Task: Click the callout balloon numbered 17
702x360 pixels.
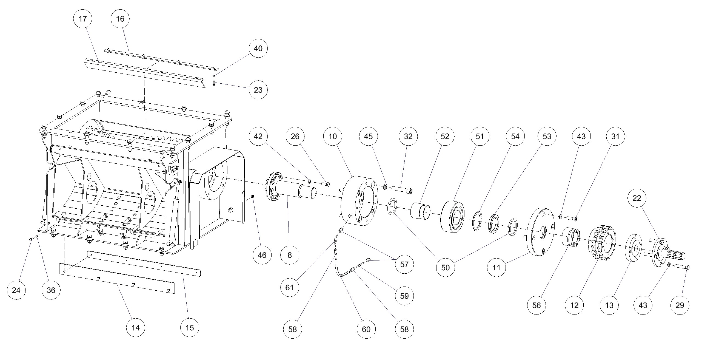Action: (x=82, y=19)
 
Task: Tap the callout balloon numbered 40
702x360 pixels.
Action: (x=258, y=49)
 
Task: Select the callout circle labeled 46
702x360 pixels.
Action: (x=262, y=255)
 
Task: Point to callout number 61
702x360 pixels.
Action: (x=289, y=287)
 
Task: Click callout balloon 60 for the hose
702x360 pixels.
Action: (x=366, y=329)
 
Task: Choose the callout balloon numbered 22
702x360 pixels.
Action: (x=637, y=198)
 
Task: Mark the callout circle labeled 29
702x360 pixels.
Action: (x=680, y=305)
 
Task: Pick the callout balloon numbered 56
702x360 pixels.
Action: (x=536, y=305)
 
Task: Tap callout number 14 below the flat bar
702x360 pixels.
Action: (x=136, y=327)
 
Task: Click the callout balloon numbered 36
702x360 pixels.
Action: (x=51, y=290)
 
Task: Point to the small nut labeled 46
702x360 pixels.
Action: (x=253, y=196)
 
